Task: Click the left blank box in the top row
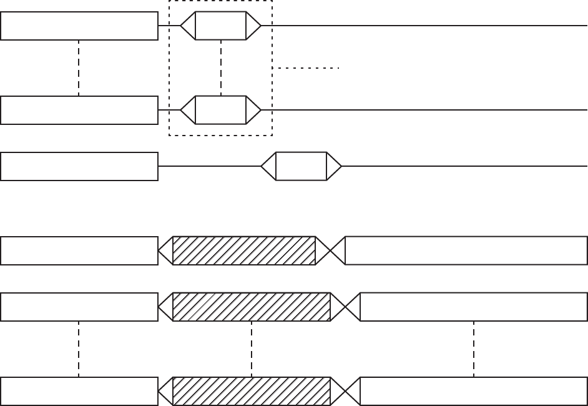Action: click(x=79, y=26)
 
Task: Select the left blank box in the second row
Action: click(x=79, y=110)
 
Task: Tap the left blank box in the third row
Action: click(x=79, y=166)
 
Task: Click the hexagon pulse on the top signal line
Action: click(x=221, y=26)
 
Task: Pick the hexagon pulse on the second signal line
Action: click(x=221, y=110)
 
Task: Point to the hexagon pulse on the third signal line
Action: click(x=301, y=166)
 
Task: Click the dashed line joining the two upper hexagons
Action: click(x=221, y=67)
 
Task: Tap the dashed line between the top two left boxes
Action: click(x=79, y=67)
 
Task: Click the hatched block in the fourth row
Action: click(x=244, y=250)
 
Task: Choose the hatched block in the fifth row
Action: click(x=251, y=307)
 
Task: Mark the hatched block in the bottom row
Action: click(x=251, y=392)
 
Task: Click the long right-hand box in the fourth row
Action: click(x=466, y=250)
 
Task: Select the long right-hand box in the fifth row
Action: click(x=474, y=307)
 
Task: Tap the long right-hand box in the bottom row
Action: click(x=474, y=392)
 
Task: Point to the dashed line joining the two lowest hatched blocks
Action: click(x=251, y=349)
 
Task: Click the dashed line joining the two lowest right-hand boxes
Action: click(x=474, y=349)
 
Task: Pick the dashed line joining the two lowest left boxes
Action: click(x=79, y=349)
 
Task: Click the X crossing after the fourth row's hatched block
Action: click(x=330, y=250)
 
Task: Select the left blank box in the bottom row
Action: click(x=79, y=392)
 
